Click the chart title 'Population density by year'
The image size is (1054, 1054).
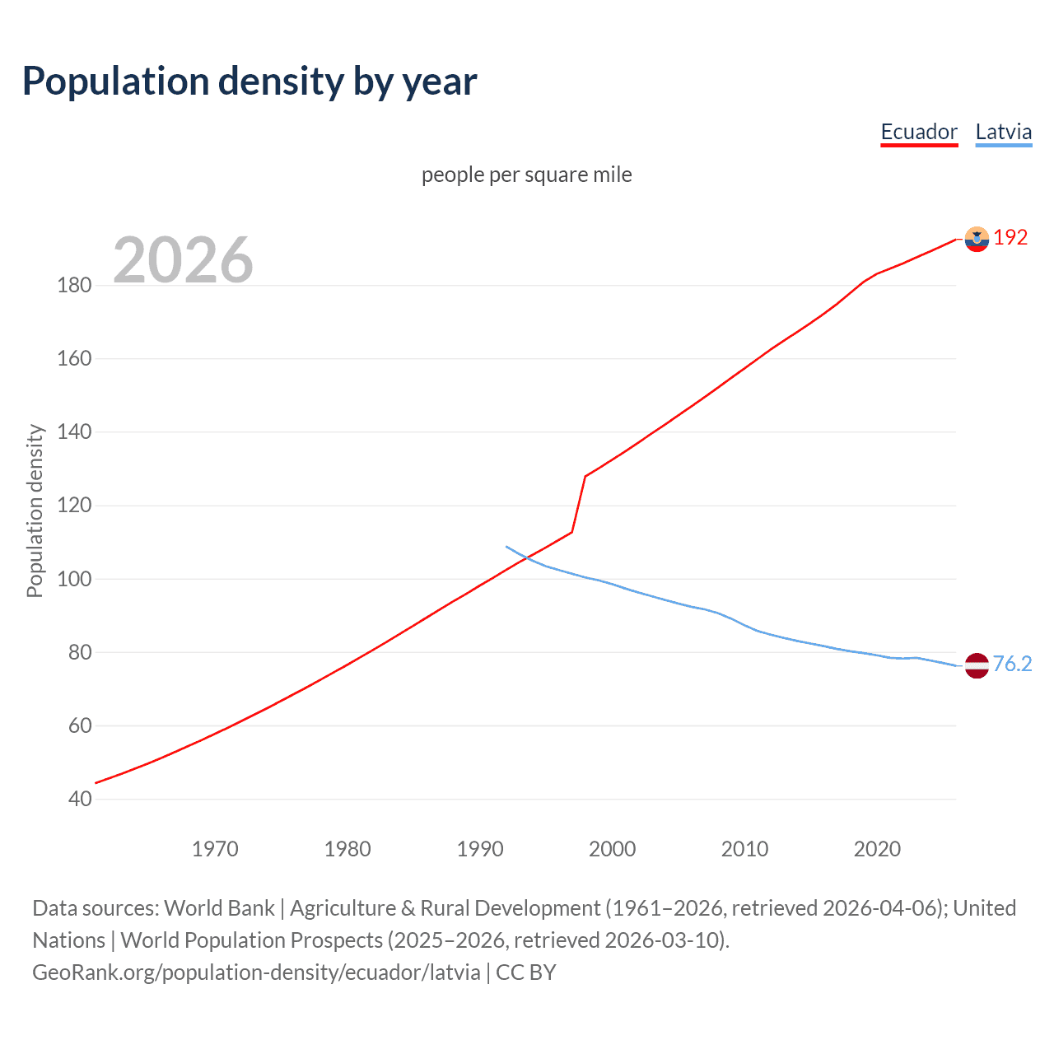coord(250,82)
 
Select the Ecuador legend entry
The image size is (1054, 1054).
coord(919,132)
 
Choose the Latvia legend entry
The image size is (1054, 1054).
coord(1003,132)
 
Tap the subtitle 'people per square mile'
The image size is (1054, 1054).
coord(526,175)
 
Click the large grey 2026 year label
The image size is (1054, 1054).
coord(183,260)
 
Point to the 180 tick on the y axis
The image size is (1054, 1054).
coord(74,286)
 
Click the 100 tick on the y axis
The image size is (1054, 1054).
coord(74,579)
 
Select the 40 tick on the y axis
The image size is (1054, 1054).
coord(80,799)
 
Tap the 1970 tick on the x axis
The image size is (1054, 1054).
coord(215,849)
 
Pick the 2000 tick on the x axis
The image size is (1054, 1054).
coord(612,849)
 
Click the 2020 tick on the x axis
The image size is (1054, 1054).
coord(877,849)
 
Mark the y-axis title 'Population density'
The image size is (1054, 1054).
coord(35,511)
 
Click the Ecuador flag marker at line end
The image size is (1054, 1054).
coord(977,239)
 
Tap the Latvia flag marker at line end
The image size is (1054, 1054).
coord(977,665)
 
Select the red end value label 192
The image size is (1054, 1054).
coord(1010,238)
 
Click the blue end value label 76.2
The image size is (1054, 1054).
coord(1012,664)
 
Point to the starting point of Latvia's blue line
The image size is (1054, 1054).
coord(506,546)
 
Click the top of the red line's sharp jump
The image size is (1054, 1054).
coord(585,476)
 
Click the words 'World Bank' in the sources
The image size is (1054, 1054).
coord(219,908)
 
